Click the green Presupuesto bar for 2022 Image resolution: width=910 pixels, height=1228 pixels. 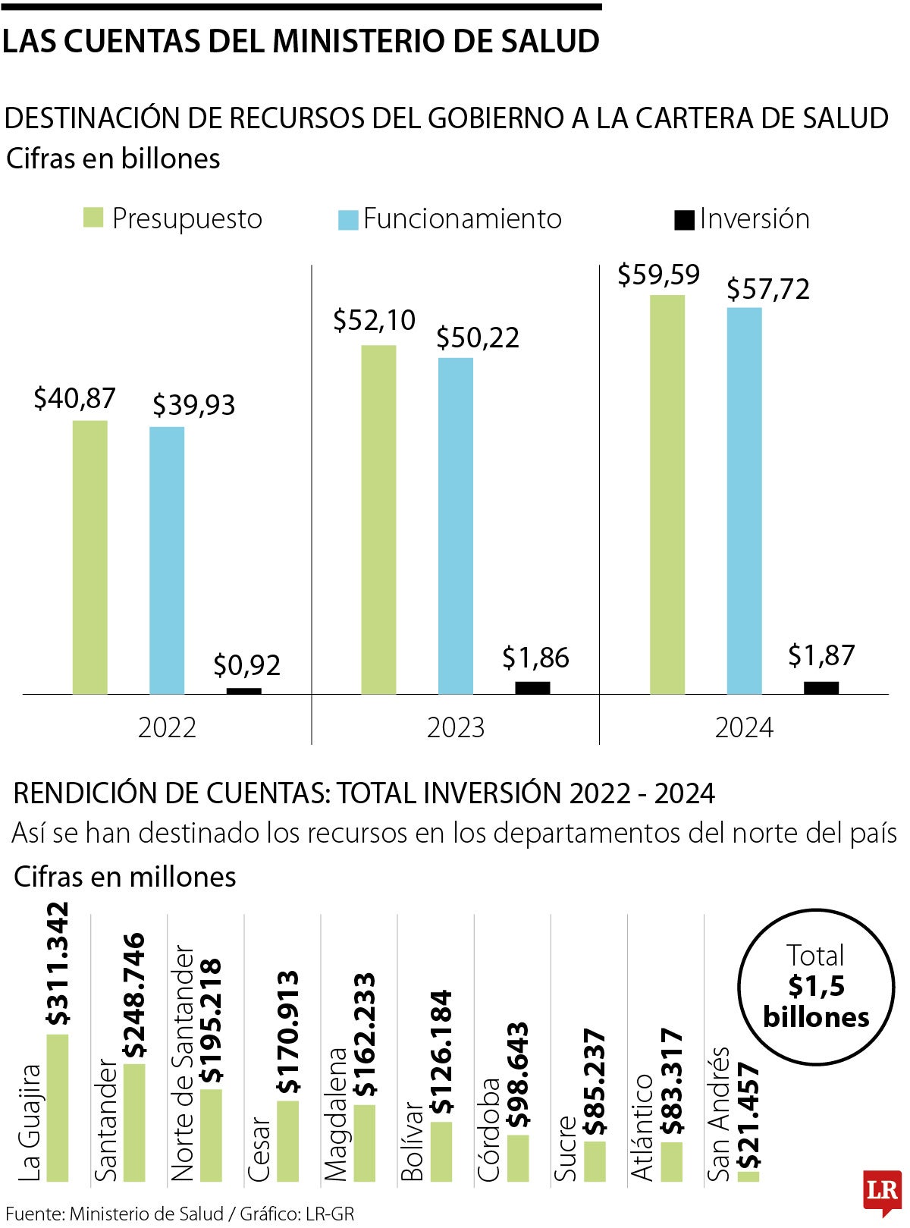(90, 557)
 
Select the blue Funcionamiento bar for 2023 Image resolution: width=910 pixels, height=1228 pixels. (456, 526)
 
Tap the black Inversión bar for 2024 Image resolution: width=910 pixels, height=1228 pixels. (821, 687)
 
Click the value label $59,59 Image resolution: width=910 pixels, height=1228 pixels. (658, 275)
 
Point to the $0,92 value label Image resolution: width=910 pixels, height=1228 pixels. (246, 665)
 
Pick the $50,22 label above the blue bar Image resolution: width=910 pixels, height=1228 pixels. (478, 338)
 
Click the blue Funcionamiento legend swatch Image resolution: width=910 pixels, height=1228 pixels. (347, 220)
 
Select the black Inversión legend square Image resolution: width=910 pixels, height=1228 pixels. (684, 220)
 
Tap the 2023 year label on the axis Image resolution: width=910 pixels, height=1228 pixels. (455, 727)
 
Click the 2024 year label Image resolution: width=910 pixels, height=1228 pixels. (744, 727)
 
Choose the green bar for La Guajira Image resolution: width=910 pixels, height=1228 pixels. (57, 1107)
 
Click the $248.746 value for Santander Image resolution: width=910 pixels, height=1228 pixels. (135, 995)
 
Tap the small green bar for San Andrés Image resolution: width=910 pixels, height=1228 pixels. (748, 1176)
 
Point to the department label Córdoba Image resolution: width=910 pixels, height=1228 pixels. (489, 1129)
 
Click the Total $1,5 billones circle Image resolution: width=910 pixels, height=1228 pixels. (815, 985)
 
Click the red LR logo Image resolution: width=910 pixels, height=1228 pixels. (882, 1191)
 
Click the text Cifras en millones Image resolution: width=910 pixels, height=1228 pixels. (125, 877)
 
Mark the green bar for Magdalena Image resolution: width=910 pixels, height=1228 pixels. (365, 1142)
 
